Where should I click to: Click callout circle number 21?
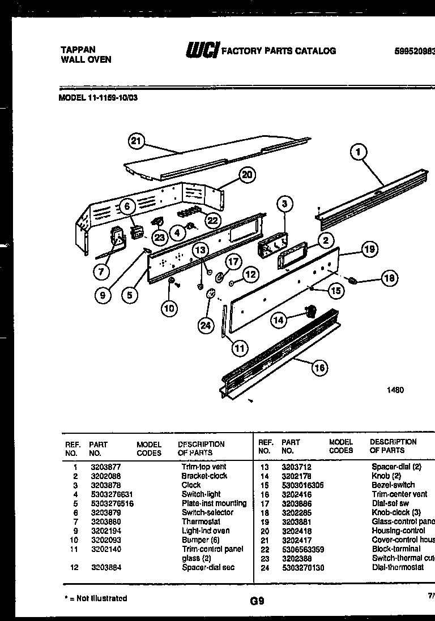point(136,141)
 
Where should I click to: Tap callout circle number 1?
point(358,152)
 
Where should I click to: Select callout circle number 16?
point(319,368)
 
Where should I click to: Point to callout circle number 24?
point(205,325)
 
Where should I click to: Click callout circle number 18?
point(389,278)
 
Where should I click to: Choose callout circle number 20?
point(246,175)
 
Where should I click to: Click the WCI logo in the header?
point(202,51)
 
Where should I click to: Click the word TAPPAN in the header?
point(78,50)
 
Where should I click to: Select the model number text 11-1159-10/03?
point(112,97)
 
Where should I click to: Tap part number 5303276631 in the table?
point(112,494)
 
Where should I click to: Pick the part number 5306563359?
point(303,549)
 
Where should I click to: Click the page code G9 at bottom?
point(257,601)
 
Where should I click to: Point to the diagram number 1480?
point(395,390)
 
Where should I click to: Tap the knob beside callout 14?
point(310,309)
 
